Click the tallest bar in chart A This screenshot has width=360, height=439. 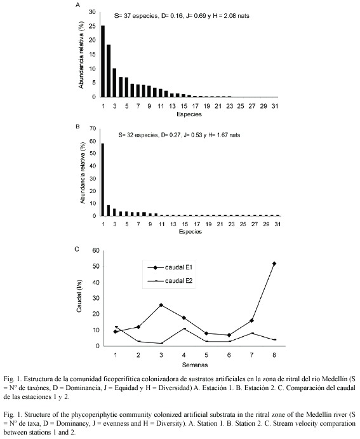(x=103, y=62)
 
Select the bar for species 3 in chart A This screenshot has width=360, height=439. (x=114, y=83)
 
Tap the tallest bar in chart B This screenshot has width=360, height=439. (x=103, y=179)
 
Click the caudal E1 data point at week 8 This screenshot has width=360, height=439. (x=274, y=264)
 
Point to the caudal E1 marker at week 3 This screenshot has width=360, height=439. (x=161, y=305)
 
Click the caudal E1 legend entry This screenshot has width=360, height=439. (x=170, y=267)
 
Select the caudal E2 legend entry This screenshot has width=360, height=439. (x=170, y=281)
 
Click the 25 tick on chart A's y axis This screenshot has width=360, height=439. (x=92, y=26)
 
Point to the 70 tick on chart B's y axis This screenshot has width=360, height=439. (x=93, y=129)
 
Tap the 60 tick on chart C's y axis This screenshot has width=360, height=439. (x=96, y=250)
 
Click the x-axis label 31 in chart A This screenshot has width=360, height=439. (x=275, y=106)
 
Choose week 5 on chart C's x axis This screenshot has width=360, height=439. (x=206, y=355)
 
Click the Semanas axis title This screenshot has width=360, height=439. (x=195, y=365)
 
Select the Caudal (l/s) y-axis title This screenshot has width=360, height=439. (x=79, y=296)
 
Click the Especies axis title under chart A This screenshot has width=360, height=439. (x=189, y=114)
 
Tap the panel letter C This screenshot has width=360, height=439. (x=77, y=249)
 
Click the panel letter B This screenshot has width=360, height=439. (x=77, y=126)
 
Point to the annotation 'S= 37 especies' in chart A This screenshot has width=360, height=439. (x=136, y=16)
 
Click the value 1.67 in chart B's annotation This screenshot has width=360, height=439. (x=222, y=135)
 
